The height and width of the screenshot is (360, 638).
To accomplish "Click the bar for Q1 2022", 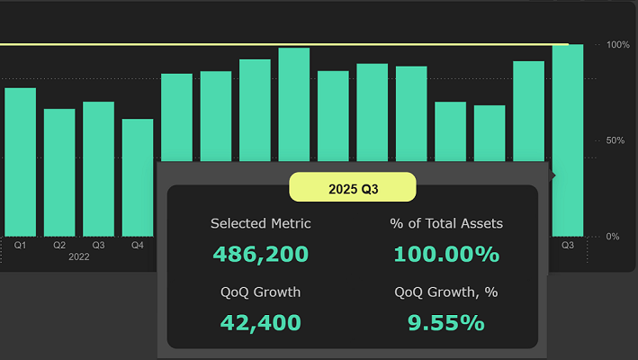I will pos(20,162).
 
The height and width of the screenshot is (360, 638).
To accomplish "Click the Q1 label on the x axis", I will pos(20,245).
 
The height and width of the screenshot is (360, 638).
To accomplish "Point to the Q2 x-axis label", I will pos(59,245).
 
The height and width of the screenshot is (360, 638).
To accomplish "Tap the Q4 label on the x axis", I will pos(138,245).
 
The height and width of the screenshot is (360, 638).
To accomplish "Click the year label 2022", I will pos(78,257).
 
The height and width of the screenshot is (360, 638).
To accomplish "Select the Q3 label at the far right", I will pos(568,245).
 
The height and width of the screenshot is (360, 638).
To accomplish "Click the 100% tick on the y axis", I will pos(617,44).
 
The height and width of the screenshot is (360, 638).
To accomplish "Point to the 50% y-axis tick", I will pos(617,140).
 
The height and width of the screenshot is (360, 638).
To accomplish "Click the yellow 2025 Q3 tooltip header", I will pos(352,188).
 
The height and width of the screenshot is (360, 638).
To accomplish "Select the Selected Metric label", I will pos(260,223).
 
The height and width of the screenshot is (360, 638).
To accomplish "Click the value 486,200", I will pos(260,254).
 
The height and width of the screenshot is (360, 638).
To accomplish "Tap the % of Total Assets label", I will pos(446,223).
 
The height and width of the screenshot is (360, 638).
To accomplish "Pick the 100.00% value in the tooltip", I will pos(446,254).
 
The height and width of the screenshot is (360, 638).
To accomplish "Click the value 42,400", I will pos(260,322).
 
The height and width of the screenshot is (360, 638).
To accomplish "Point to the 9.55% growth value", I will pos(446,322).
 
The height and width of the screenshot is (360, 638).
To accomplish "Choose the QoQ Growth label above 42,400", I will pos(260,292).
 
